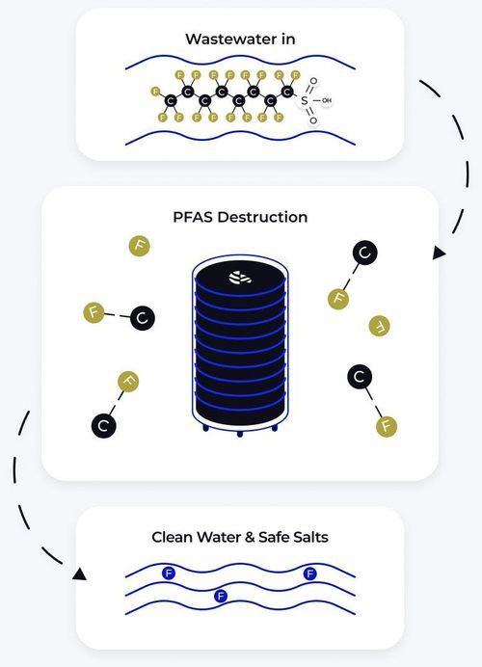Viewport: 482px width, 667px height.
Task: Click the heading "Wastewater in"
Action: click(240, 40)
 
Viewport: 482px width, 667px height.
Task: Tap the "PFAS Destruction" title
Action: click(240, 217)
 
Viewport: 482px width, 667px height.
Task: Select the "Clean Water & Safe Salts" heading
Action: click(240, 537)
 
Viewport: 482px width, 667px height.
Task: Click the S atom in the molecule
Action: click(304, 101)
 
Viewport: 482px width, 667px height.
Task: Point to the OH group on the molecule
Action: click(327, 101)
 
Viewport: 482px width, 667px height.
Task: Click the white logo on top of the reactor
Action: click(240, 278)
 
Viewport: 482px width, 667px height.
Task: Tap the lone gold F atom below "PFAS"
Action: click(139, 246)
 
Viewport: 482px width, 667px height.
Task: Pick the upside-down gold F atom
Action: click(380, 326)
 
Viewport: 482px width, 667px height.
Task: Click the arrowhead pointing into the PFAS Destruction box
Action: click(439, 253)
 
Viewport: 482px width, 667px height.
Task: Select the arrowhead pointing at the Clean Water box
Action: click(80, 574)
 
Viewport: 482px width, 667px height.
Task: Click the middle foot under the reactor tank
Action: click(240, 434)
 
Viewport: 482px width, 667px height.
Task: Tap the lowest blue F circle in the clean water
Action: click(221, 596)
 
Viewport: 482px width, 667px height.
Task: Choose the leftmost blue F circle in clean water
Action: click(169, 574)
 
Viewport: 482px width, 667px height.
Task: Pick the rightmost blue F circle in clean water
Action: click(310, 574)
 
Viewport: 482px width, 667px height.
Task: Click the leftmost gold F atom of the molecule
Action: click(155, 92)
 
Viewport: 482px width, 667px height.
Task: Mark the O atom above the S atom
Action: click(313, 81)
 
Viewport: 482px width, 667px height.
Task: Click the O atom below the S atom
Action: click(313, 120)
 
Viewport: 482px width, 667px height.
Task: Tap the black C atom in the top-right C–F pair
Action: click(365, 253)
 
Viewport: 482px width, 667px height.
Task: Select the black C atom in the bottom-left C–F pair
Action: click(104, 425)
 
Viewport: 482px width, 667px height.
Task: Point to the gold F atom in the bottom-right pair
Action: click(387, 426)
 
